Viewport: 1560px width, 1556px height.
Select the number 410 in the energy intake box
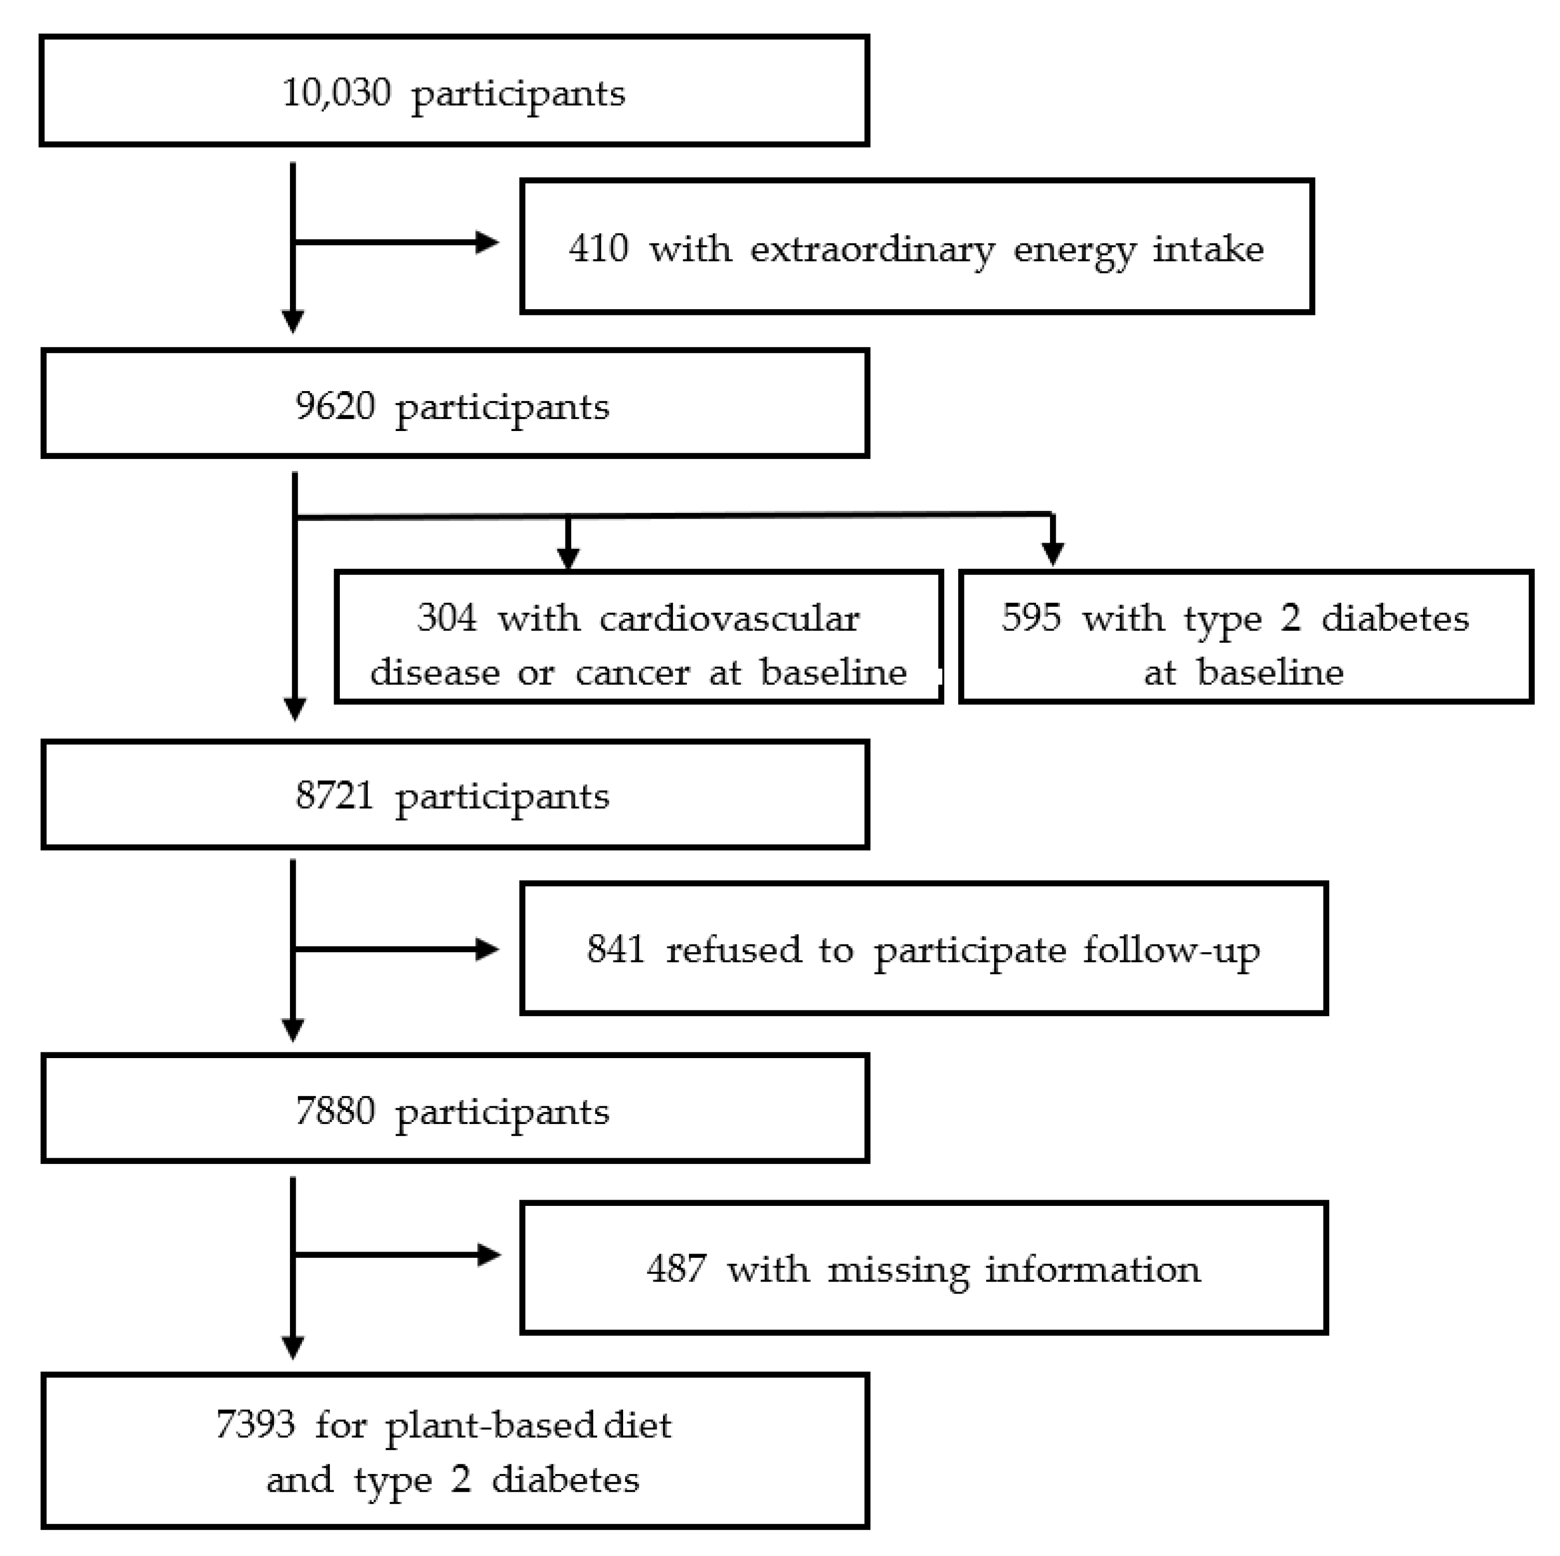pyautogui.click(x=598, y=248)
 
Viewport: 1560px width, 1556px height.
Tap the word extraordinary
pyautogui.click(x=872, y=249)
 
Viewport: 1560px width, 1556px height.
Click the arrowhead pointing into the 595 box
pyautogui.click(x=1052, y=553)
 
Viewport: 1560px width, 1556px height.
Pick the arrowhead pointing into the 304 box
pyautogui.click(x=569, y=558)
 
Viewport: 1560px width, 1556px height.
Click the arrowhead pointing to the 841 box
pyautogui.click(x=487, y=949)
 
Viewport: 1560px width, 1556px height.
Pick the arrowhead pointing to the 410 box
pyautogui.click(x=487, y=242)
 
